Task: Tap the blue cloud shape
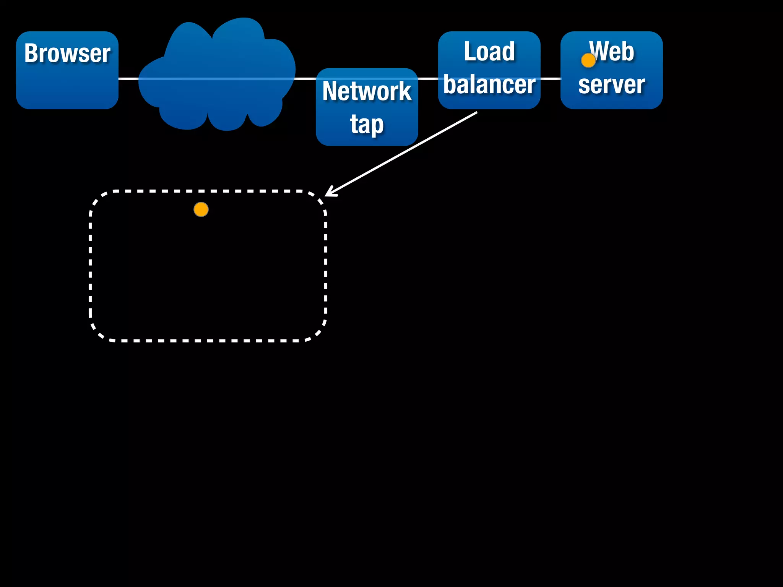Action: [216, 76]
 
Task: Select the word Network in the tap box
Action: [367, 91]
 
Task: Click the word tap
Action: [367, 124]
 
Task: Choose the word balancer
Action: [489, 84]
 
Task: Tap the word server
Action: [611, 84]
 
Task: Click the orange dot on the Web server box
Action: [588, 60]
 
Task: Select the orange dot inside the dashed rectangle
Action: [201, 209]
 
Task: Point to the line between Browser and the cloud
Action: [128, 79]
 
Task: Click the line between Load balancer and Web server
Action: [551, 79]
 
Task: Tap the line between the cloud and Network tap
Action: [305, 79]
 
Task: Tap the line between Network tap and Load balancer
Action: [428, 79]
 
